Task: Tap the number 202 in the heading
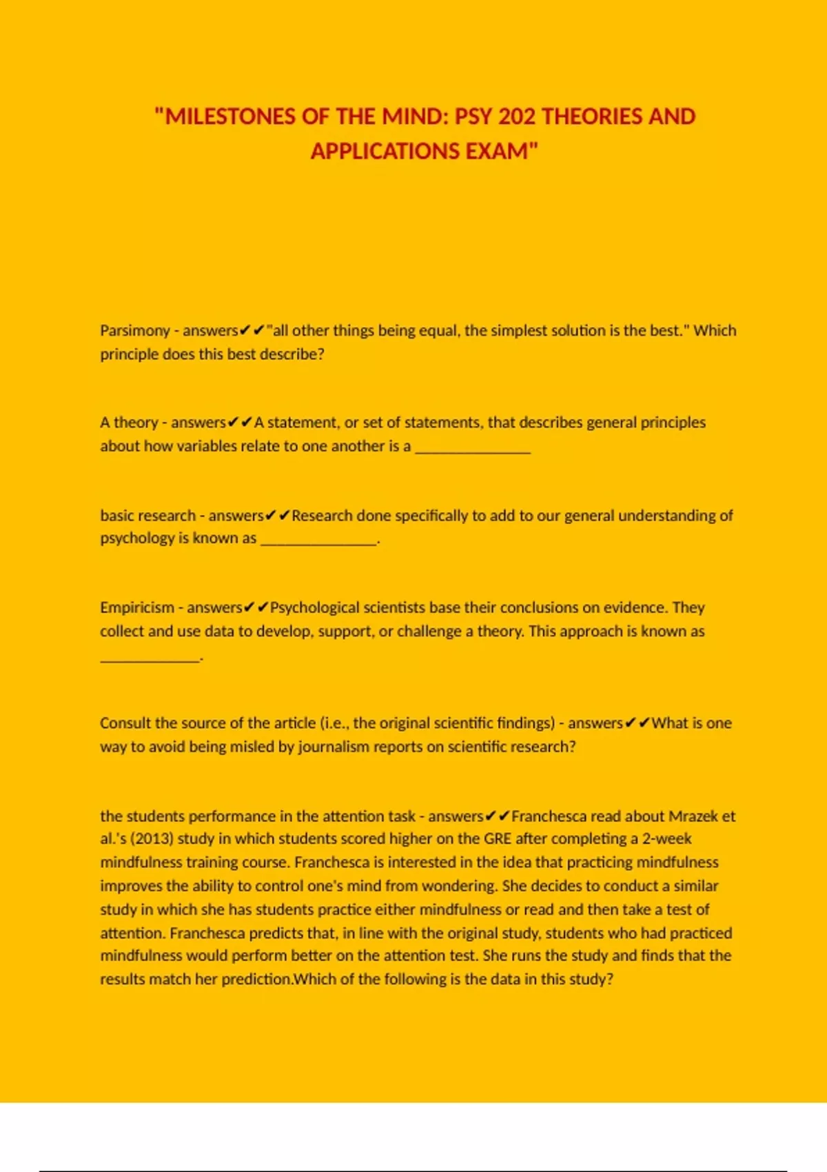(x=517, y=117)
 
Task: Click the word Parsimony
(x=135, y=331)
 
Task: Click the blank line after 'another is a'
(x=473, y=448)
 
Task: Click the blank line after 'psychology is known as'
(x=319, y=540)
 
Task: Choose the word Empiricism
(x=137, y=608)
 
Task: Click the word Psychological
(x=314, y=608)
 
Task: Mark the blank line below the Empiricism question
(x=150, y=658)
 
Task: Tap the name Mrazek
(x=693, y=816)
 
